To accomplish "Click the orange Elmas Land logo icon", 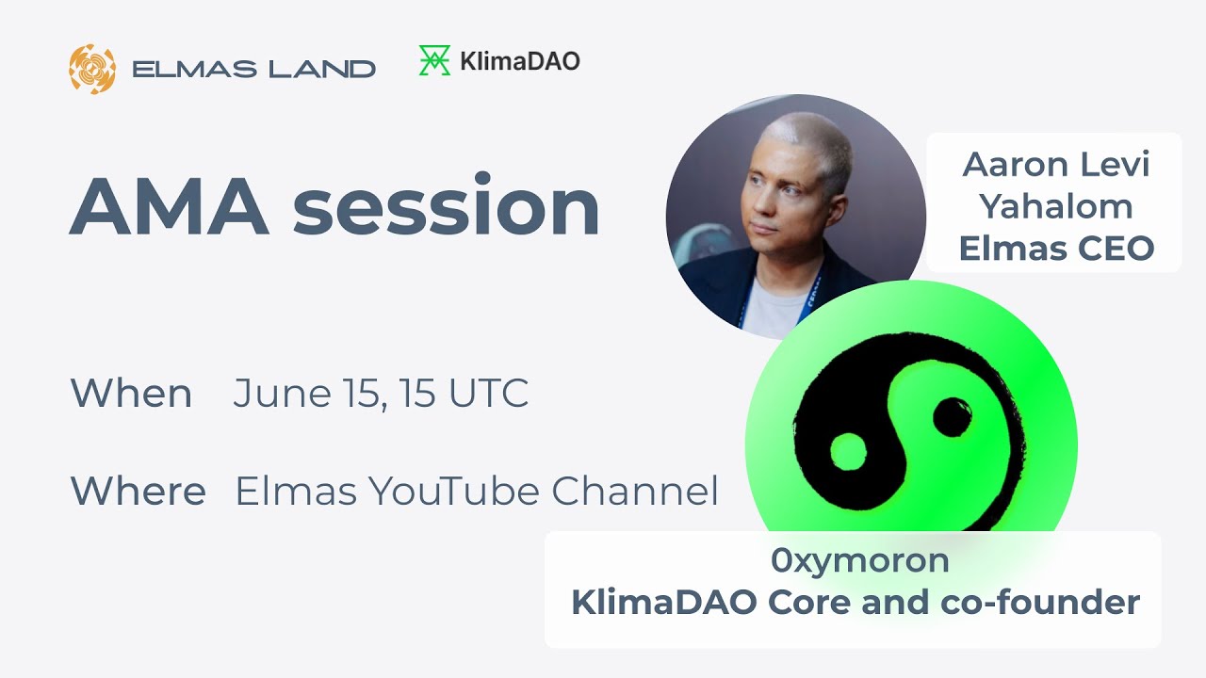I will [x=92, y=69].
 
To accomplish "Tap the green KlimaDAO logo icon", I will [x=434, y=61].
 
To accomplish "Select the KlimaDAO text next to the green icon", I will [x=519, y=61].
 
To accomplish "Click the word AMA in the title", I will [x=168, y=206].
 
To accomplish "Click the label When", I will [x=131, y=394].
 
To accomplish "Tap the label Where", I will [x=138, y=492].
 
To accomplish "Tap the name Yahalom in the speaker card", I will [x=1055, y=206].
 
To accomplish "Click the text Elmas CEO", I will [x=1055, y=248].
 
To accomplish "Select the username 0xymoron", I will [x=859, y=561].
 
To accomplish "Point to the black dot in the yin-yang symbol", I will [x=951, y=415].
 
